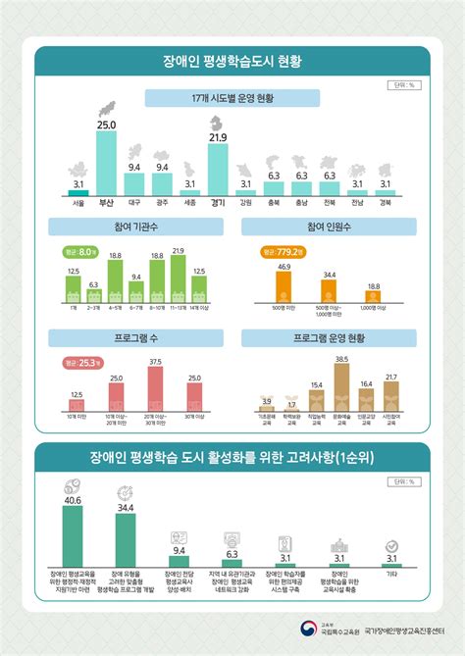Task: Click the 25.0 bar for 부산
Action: tap(106, 163)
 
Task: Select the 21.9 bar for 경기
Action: tap(218, 168)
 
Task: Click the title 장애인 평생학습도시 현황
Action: tap(232, 61)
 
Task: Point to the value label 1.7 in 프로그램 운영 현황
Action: tap(291, 404)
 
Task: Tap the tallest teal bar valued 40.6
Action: tap(73, 535)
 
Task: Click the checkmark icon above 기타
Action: tap(391, 544)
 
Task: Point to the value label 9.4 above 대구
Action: tap(134, 168)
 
